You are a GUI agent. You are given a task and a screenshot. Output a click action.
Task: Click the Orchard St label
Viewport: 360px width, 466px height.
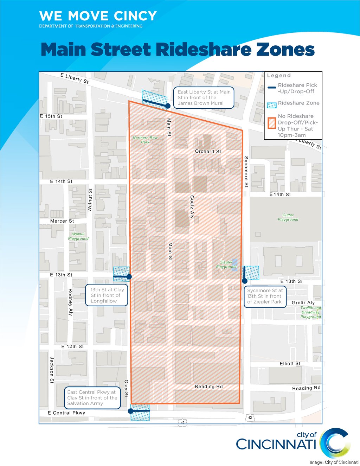pyautogui.click(x=208, y=152)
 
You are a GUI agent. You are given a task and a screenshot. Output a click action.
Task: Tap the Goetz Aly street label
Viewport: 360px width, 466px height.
pyautogui.click(x=192, y=207)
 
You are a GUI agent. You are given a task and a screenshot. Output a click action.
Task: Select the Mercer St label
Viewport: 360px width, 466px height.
pyautogui.click(x=62, y=221)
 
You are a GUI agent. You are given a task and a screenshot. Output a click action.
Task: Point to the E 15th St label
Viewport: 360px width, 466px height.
pyautogui.click(x=51, y=116)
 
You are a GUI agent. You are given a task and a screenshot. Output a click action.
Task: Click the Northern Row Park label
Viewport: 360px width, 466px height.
pyautogui.click(x=145, y=140)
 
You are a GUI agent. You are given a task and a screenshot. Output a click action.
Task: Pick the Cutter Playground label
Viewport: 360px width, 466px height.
pyautogui.click(x=288, y=217)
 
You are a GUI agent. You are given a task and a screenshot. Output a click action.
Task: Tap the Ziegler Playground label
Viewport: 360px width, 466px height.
pyautogui.click(x=226, y=264)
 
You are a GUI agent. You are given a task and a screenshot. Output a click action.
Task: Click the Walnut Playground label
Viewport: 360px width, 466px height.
pyautogui.click(x=78, y=236)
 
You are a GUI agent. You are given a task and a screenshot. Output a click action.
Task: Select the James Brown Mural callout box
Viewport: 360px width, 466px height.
pyautogui.click(x=204, y=97)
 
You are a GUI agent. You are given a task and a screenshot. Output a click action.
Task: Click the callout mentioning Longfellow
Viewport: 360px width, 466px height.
pyautogui.click(x=107, y=295)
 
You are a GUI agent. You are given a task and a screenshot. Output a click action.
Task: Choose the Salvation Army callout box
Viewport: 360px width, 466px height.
pyautogui.click(x=92, y=398)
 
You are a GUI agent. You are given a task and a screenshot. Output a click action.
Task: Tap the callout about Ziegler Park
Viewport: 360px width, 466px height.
pyautogui.click(x=265, y=296)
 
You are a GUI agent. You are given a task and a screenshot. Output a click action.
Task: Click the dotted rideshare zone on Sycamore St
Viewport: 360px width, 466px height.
pyautogui.click(x=251, y=273)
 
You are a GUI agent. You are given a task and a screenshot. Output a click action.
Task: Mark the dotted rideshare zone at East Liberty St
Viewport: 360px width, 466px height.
pyautogui.click(x=154, y=97)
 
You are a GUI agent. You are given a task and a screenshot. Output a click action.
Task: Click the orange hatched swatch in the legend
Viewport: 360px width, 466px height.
pyautogui.click(x=271, y=123)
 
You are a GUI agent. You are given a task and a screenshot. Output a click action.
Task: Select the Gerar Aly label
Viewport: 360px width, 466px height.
pyautogui.click(x=303, y=302)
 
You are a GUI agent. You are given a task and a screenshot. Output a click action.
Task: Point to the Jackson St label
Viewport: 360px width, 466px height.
pyautogui.click(x=52, y=370)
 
